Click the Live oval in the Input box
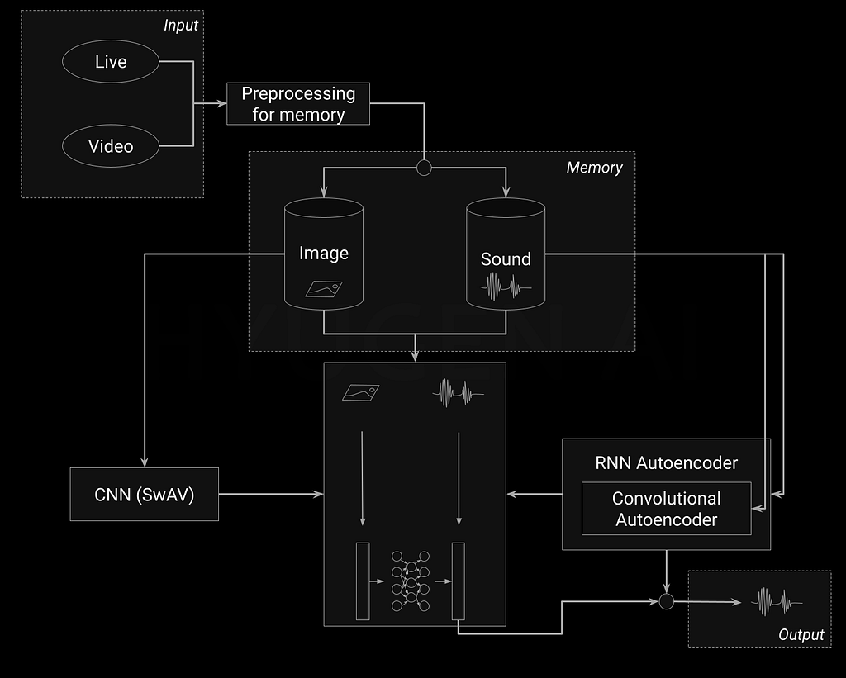(x=111, y=63)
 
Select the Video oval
(x=111, y=146)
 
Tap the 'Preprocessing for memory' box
(x=298, y=104)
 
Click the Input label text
(x=181, y=25)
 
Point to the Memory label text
(x=594, y=168)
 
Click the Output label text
(x=801, y=634)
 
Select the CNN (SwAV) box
(x=145, y=495)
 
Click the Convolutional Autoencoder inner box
(x=667, y=509)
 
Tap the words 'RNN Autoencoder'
(x=666, y=462)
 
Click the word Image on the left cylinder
(x=324, y=254)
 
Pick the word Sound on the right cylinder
(x=506, y=259)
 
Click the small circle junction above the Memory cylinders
(x=424, y=168)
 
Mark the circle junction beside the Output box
(x=666, y=602)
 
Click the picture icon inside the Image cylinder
(x=325, y=288)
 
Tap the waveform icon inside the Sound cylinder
(x=506, y=287)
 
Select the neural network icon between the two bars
(x=410, y=581)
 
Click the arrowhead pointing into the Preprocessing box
(x=222, y=104)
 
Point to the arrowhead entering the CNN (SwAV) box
(x=145, y=463)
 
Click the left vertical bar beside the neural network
(x=363, y=581)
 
